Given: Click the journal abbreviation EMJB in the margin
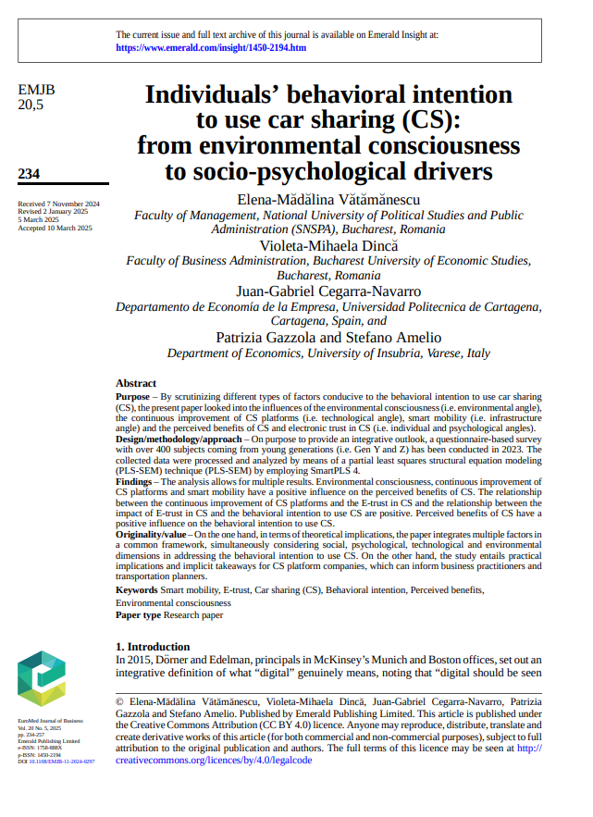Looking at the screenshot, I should (36, 90).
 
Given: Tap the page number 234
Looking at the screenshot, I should (29, 173).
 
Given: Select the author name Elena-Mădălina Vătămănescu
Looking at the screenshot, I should (328, 198).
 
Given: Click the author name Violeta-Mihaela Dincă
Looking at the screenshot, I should (328, 245).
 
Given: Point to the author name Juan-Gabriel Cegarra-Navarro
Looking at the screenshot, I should (328, 291).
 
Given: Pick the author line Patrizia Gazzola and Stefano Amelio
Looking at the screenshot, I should (328, 337).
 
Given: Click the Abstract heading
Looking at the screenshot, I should (136, 383).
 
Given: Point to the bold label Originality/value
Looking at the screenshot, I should (152, 535).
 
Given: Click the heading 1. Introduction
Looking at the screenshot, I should (153, 646).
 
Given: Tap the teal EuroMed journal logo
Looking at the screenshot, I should (43, 678).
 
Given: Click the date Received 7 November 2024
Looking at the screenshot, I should (59, 204).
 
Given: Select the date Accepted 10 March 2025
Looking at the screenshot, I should (55, 227).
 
